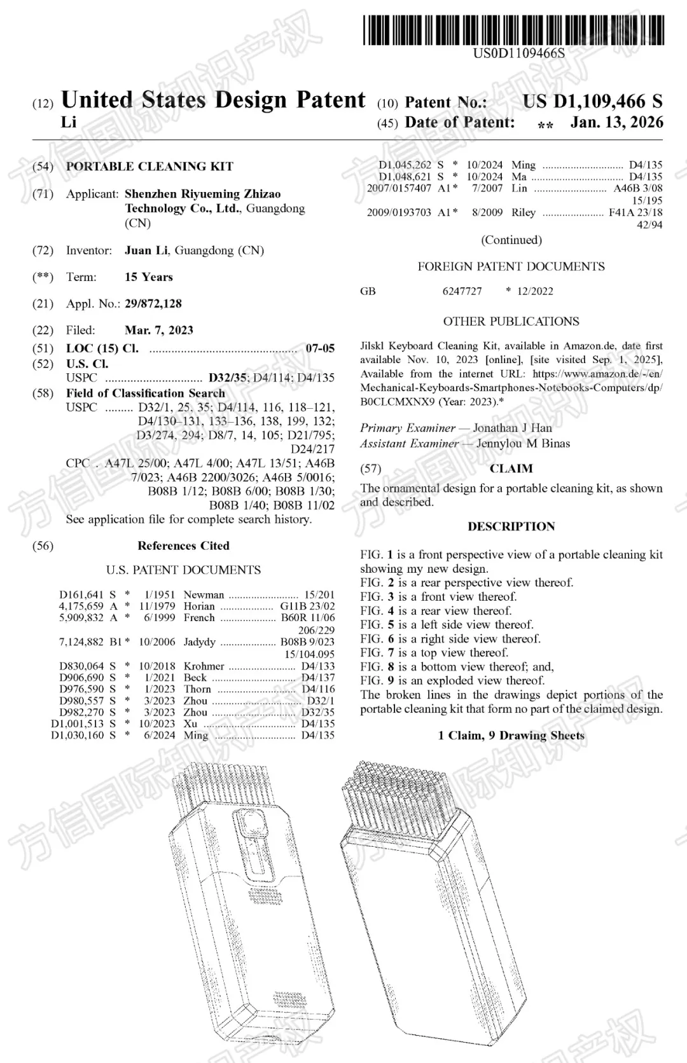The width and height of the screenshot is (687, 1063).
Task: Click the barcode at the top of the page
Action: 514,30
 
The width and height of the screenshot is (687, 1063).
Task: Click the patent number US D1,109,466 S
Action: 592,102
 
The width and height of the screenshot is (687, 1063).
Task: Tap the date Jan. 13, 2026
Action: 616,122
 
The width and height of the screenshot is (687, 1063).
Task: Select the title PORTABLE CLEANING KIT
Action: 149,167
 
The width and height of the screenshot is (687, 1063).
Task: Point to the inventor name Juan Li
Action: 146,250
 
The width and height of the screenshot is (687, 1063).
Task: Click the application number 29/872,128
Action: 153,304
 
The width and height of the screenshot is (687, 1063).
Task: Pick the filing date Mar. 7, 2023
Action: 159,331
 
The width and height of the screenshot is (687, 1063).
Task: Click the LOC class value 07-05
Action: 320,348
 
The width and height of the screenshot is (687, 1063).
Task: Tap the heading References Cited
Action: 183,545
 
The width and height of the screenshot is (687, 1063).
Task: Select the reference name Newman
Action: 204,595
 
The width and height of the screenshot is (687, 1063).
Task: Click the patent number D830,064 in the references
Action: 81,666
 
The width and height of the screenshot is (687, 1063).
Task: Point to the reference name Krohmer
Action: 204,666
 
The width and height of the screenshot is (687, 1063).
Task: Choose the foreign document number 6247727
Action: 462,291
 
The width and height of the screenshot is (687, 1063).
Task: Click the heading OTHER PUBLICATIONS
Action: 511,322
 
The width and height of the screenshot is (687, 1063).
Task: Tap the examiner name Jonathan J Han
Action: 512,428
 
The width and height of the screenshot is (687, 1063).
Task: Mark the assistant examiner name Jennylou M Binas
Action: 523,444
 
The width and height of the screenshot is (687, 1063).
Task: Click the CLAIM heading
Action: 511,469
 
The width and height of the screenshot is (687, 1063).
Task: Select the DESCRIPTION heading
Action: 511,526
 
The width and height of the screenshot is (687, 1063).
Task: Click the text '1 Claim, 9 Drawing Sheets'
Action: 511,736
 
